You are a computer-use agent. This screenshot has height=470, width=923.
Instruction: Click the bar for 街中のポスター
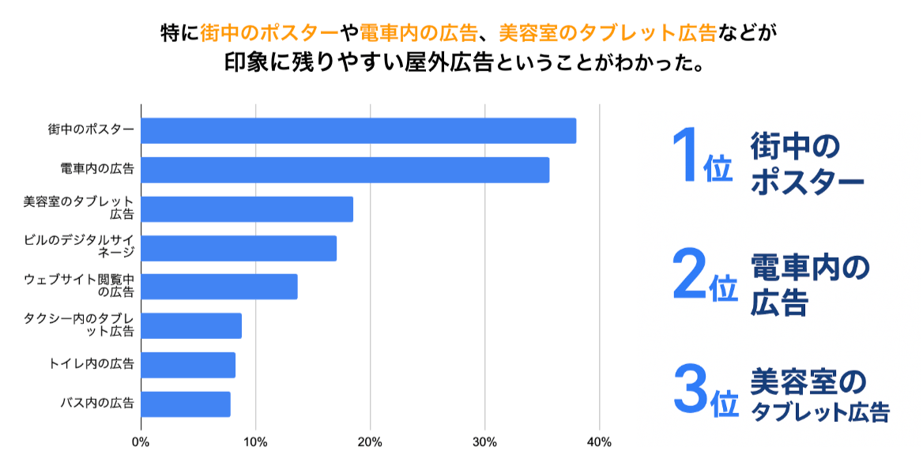click(x=358, y=130)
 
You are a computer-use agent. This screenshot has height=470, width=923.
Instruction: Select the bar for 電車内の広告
click(x=345, y=170)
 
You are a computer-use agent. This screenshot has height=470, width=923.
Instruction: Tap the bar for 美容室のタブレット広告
click(x=247, y=209)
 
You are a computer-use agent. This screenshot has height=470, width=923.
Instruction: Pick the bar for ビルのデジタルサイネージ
click(x=239, y=248)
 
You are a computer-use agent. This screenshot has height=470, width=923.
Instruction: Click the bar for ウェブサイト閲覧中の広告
click(x=219, y=287)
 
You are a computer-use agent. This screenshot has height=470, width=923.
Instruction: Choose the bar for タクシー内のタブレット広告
click(x=191, y=325)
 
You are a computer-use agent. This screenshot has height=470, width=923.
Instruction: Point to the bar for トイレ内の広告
click(x=188, y=365)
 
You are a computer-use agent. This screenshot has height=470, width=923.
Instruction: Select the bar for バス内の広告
click(x=186, y=404)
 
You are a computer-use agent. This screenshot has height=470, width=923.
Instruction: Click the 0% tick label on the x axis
click(x=141, y=442)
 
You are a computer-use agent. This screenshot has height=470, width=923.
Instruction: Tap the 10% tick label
click(x=255, y=442)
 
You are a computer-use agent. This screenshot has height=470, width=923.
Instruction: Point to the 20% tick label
click(x=370, y=442)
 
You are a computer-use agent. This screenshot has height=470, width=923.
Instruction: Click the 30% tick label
click(x=484, y=442)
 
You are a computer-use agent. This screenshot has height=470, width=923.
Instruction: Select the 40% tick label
click(x=599, y=442)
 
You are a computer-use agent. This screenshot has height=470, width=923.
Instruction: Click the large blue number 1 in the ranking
click(x=684, y=156)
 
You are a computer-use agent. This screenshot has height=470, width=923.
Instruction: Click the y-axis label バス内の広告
click(x=97, y=404)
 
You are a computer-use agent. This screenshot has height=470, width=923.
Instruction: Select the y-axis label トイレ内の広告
click(x=92, y=364)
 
